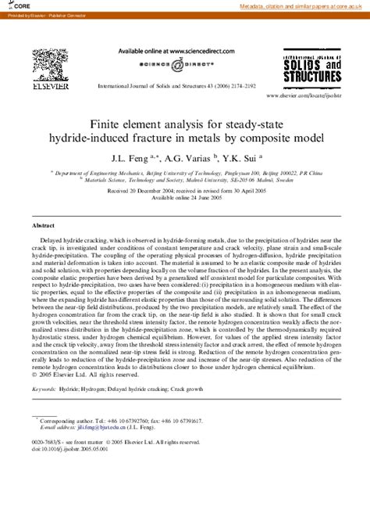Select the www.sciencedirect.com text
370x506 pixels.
click(187, 51)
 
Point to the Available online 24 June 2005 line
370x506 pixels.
click(185, 199)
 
